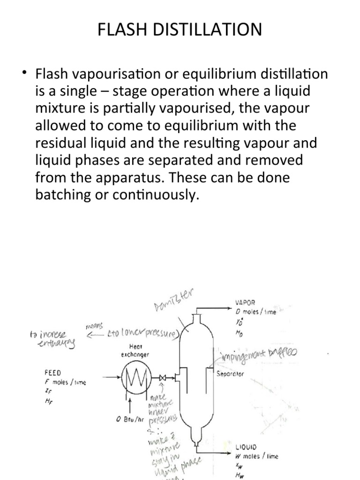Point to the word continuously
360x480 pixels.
pos(153,195)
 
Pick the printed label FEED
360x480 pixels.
pos(52,374)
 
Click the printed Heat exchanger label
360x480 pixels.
pos(134,352)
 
